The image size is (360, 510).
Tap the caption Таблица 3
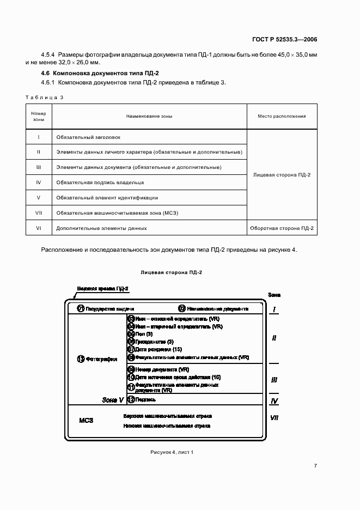pyautogui.click(x=45, y=98)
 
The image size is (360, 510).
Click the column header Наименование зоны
pyautogui.click(x=149, y=116)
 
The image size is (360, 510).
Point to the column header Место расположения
pyautogui.click(x=282, y=116)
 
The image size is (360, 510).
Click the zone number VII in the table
pyautogui.click(x=39, y=212)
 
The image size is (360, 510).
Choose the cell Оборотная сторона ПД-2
pyautogui.click(x=282, y=228)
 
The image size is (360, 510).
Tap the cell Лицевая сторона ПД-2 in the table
pyautogui.click(x=282, y=175)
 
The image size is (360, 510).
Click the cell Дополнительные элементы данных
pyautogui.click(x=101, y=228)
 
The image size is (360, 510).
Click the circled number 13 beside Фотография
pyautogui.click(x=81, y=359)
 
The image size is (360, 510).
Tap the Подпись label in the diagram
pyautogui.click(x=146, y=399)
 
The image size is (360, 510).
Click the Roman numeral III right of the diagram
pyautogui.click(x=274, y=380)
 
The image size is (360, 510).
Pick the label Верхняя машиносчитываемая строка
pyautogui.click(x=167, y=415)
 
